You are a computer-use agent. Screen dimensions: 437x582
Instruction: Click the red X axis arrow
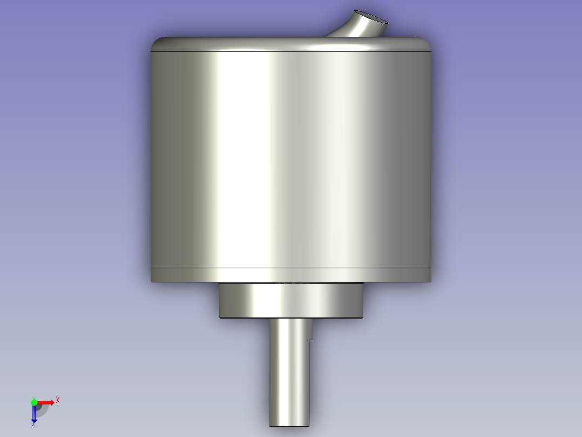(46, 402)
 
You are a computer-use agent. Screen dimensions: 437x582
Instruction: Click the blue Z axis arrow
(34, 414)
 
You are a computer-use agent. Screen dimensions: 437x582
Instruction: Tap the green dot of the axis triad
(34, 402)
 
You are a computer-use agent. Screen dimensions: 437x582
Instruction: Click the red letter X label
(57, 400)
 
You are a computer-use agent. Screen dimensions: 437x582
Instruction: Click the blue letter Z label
(33, 424)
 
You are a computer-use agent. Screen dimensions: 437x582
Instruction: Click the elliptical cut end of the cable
(370, 17)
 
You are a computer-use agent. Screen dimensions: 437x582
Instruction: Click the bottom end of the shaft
(290, 425)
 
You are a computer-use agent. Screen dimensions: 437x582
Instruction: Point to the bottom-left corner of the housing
(152, 280)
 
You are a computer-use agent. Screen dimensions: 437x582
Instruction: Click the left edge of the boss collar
(220, 301)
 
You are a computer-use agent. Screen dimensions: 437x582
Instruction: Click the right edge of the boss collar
(362, 301)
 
